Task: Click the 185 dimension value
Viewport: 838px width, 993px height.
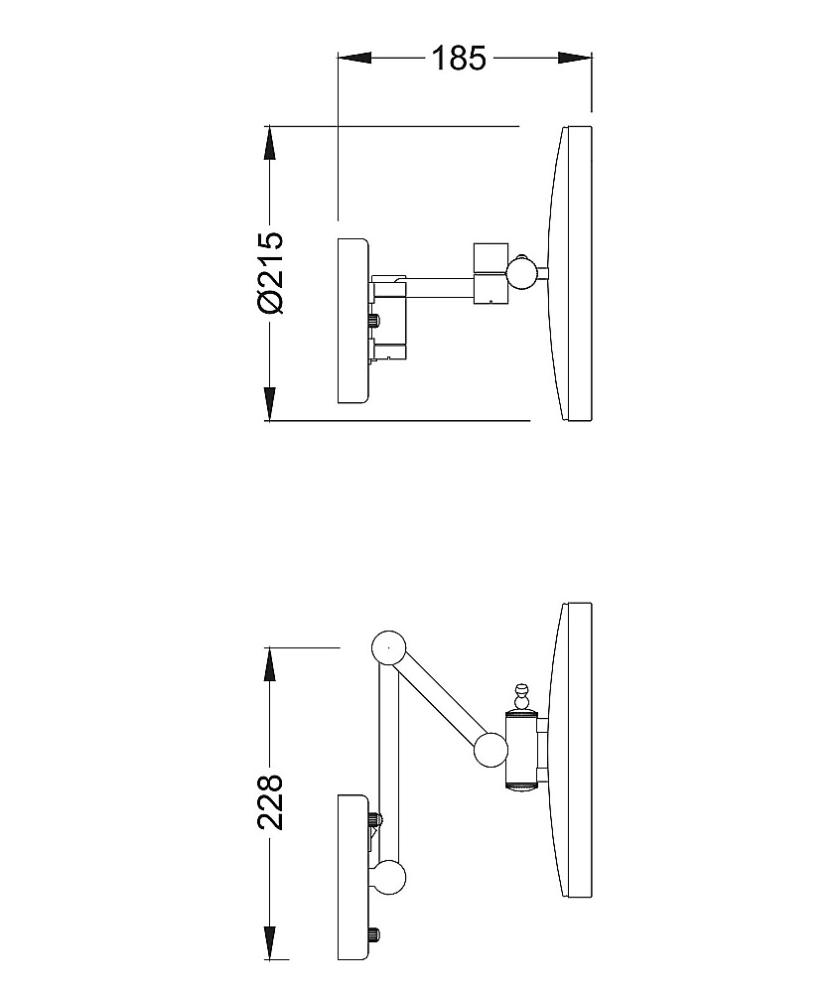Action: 459,58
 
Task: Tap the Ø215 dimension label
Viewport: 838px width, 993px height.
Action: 270,272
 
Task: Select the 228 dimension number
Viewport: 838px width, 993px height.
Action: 270,801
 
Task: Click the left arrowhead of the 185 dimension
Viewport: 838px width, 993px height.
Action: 354,58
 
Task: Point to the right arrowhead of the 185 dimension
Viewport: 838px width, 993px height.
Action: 575,58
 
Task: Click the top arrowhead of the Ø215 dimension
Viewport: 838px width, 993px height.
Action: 270,143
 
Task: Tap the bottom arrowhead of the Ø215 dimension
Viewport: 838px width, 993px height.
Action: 270,403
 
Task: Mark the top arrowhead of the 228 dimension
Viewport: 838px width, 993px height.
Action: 270,664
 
